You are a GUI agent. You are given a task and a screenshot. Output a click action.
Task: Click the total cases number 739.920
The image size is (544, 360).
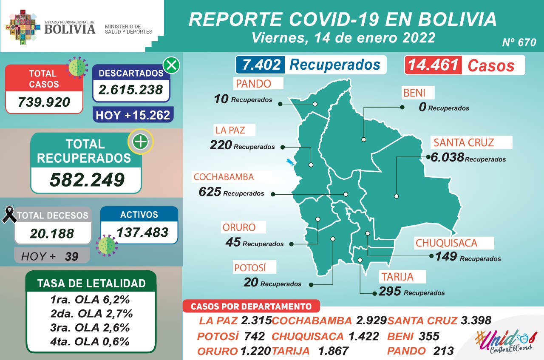[x=44, y=102]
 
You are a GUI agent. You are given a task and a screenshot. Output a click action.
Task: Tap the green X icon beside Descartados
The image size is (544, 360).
[x=171, y=65]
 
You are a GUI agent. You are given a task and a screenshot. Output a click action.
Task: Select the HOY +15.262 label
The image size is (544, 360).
[x=133, y=115]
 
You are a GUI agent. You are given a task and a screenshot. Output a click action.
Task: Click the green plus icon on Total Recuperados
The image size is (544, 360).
[x=141, y=142]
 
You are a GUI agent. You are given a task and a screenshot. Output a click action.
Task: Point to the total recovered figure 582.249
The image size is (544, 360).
[x=87, y=180]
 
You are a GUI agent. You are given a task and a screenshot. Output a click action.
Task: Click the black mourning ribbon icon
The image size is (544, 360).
[x=9, y=215]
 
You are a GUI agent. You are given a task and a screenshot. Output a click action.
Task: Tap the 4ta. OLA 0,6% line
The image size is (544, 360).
[x=90, y=341]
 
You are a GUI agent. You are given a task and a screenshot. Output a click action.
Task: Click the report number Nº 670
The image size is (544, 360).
[x=519, y=43]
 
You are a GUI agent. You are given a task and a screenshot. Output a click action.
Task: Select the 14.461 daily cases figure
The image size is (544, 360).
[x=433, y=65]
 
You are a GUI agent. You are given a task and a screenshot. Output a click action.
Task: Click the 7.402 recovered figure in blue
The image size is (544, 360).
[x=261, y=65]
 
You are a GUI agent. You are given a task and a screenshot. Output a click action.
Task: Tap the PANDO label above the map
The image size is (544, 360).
[x=253, y=84]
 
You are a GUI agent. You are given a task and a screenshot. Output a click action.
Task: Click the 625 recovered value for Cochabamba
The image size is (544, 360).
[x=210, y=192]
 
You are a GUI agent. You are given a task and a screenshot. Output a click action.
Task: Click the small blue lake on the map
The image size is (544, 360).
[x=291, y=163]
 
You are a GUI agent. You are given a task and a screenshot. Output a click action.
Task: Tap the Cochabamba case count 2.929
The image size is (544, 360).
[x=371, y=320]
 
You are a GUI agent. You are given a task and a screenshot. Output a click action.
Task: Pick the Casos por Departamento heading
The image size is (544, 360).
[x=251, y=306]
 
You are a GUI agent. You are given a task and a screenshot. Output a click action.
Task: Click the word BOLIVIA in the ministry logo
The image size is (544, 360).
[x=70, y=28]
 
